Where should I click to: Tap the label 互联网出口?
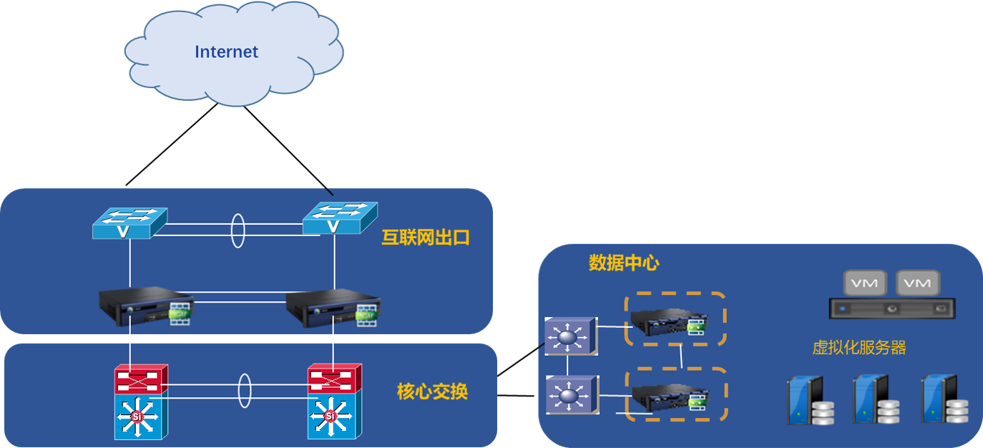click(426, 238)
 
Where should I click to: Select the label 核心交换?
click(432, 391)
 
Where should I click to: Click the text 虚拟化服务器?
click(859, 348)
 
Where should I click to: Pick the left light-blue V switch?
click(129, 223)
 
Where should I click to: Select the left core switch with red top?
click(141, 401)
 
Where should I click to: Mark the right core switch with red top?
click(334, 401)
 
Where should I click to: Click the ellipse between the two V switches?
click(238, 229)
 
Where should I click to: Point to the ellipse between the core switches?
click(244, 391)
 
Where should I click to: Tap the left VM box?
click(865, 283)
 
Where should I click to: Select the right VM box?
click(917, 283)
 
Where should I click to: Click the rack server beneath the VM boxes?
click(891, 309)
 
